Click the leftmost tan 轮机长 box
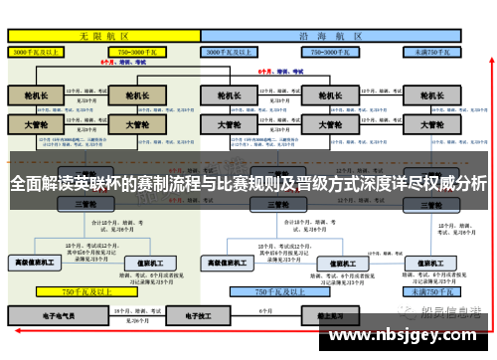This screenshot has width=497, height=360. point(36,96)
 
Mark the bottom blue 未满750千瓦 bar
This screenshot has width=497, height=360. point(431,292)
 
